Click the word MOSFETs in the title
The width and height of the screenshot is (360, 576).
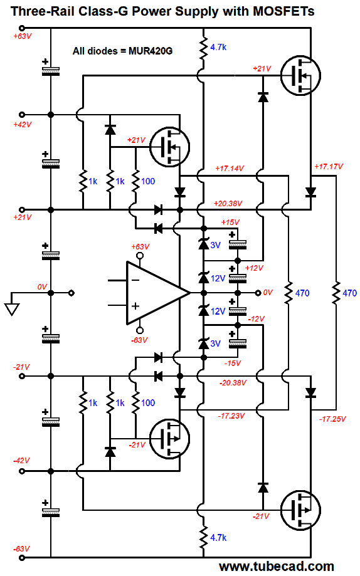tap(283, 11)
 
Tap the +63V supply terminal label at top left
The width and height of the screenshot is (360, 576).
tap(23, 36)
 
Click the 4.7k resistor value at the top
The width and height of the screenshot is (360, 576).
tap(218, 47)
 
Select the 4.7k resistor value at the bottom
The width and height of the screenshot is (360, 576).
tap(218, 537)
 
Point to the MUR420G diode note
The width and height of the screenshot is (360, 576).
tap(122, 51)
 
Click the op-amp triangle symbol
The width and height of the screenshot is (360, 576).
tap(158, 293)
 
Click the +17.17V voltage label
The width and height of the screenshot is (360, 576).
tap(329, 167)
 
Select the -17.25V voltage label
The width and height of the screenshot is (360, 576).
tap(332, 419)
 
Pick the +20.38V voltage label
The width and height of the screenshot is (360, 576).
tap(228, 204)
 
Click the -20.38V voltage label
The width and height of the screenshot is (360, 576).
tap(233, 383)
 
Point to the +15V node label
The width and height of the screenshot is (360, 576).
tap(230, 223)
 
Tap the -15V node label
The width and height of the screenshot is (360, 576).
tap(233, 364)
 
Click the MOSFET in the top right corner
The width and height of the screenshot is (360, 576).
tap(300, 76)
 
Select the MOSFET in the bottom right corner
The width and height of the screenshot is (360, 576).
tap(300, 510)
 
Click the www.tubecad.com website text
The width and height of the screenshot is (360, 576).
tap(276, 567)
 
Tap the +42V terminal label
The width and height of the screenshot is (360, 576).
tap(23, 125)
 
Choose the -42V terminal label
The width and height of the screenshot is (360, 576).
tap(21, 461)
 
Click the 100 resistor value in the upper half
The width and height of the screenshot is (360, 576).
tap(148, 181)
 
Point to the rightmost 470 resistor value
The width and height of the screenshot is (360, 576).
tap(350, 293)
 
